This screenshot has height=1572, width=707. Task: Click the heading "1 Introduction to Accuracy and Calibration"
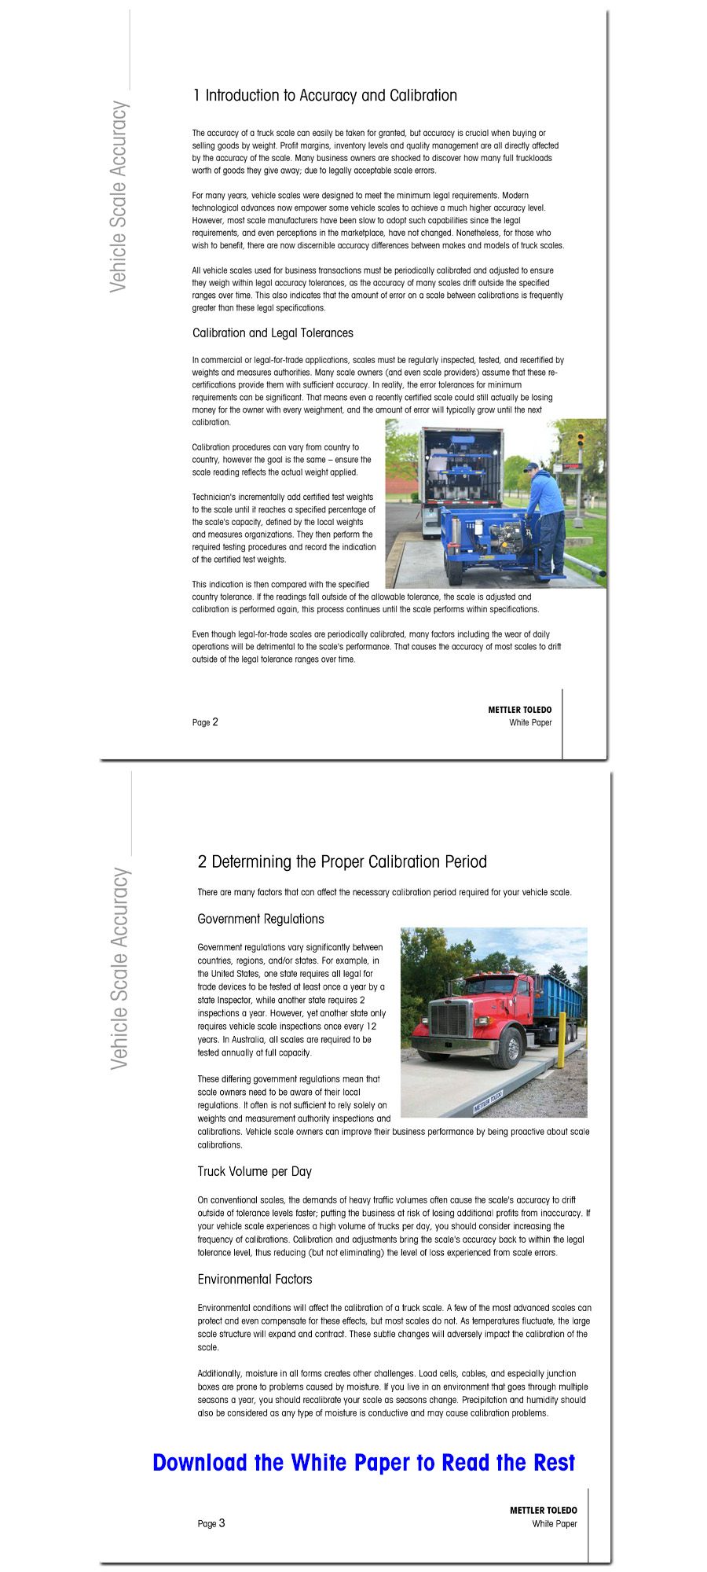(324, 96)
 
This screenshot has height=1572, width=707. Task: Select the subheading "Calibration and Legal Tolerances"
(273, 333)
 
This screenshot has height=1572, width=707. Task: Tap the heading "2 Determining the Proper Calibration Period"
(342, 862)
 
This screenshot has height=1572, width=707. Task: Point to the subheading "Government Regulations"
(260, 919)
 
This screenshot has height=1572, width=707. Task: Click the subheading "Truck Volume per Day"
(255, 1171)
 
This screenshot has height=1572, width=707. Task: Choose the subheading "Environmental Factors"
(255, 1279)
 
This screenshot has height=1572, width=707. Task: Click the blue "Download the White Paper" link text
(364, 1463)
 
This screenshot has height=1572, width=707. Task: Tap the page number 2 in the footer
(214, 722)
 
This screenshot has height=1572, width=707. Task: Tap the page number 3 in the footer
(222, 1522)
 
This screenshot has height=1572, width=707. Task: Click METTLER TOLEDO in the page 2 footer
(519, 710)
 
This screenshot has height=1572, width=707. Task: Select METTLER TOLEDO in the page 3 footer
(543, 1510)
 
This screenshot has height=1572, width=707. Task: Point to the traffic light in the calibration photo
(581, 439)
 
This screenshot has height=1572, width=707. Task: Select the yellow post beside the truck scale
(562, 1041)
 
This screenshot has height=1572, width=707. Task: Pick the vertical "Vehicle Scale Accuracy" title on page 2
(119, 196)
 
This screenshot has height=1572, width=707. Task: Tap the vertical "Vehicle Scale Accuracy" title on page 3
(119, 968)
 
